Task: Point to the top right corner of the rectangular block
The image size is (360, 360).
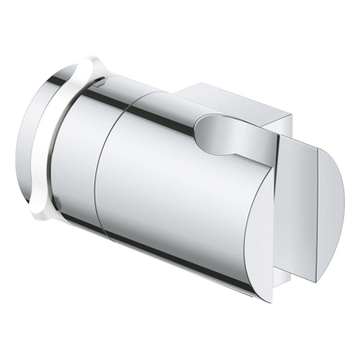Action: tap(290, 114)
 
